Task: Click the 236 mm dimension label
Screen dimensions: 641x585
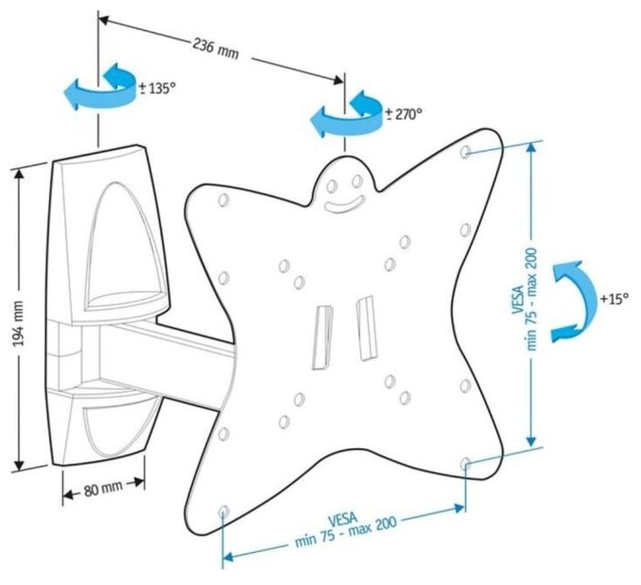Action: pos(216,47)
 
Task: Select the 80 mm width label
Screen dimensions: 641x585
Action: pos(102,488)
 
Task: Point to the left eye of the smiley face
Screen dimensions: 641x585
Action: pos(333,183)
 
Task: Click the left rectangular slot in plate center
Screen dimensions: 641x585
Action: pos(322,336)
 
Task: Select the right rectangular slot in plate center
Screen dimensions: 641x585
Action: pos(367,326)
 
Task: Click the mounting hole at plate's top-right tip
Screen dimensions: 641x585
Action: pos(466,149)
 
